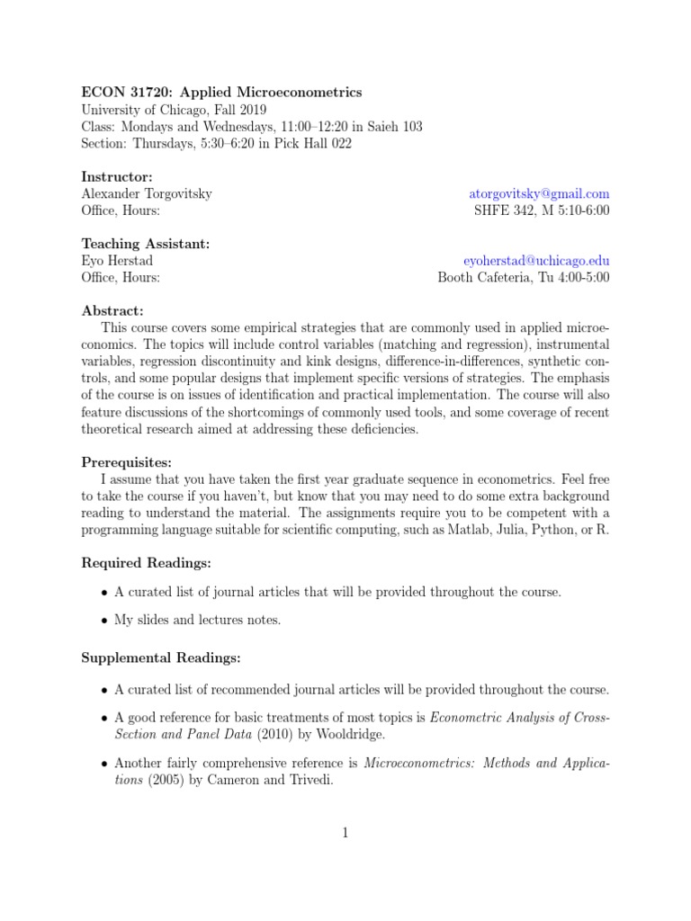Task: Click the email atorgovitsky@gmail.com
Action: (539, 193)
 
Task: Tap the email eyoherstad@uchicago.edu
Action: (536, 260)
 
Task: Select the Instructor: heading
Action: (117, 176)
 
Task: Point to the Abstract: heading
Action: (112, 310)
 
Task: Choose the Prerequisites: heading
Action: (126, 462)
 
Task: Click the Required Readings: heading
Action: (147, 563)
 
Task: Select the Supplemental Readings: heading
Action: (161, 658)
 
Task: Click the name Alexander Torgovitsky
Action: (147, 193)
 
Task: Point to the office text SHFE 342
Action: (503, 210)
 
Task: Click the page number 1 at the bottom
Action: (345, 833)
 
